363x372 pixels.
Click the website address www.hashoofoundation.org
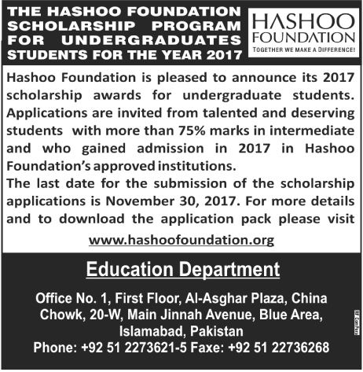pos(181,239)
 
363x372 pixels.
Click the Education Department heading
pos(181,271)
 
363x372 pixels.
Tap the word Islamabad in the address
pos(139,330)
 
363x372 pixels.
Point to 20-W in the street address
pos(88,315)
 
